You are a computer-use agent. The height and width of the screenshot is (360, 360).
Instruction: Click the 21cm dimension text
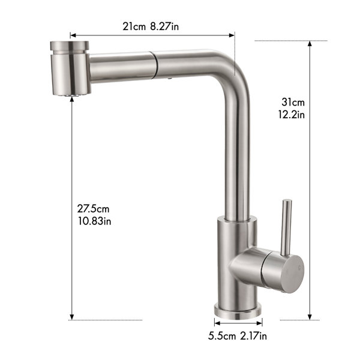click(134, 26)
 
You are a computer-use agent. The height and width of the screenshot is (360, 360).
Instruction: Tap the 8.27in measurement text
click(164, 26)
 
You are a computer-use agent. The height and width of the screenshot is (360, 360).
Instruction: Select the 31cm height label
click(293, 102)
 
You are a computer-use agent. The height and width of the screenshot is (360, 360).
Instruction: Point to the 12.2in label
click(292, 115)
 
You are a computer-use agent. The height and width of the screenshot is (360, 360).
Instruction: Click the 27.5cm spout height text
click(93, 209)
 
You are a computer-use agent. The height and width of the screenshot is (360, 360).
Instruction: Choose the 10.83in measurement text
click(95, 221)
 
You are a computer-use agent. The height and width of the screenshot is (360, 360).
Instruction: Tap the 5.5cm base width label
click(222, 336)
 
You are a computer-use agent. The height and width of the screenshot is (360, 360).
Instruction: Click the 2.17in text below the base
click(254, 336)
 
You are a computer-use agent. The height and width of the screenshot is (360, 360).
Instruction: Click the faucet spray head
click(70, 68)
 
